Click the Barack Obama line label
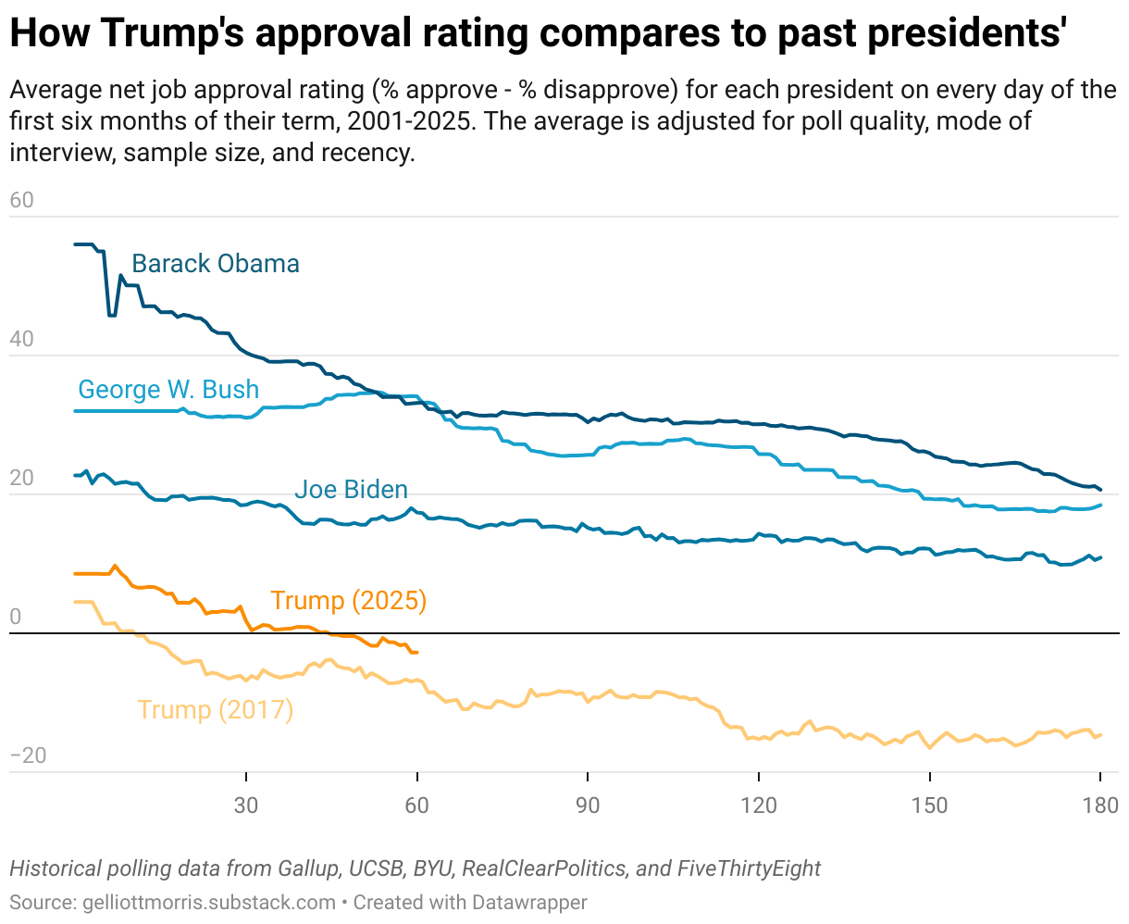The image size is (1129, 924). (x=216, y=264)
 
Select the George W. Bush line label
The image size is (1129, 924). (x=168, y=390)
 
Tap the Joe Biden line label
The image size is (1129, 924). (x=351, y=490)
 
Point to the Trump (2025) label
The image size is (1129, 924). (x=348, y=601)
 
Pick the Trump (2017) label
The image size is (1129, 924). (x=215, y=710)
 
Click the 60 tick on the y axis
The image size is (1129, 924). (x=21, y=201)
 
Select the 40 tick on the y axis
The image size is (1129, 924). (x=21, y=340)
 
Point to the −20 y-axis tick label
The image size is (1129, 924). (x=28, y=756)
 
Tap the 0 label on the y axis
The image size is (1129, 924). (x=15, y=618)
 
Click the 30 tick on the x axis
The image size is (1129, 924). (x=246, y=805)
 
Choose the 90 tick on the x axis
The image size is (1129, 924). (x=588, y=805)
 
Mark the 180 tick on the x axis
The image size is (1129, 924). (x=1099, y=805)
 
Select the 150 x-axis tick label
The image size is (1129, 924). (x=929, y=805)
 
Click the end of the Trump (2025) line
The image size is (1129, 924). (x=417, y=653)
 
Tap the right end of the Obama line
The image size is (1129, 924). (x=1100, y=489)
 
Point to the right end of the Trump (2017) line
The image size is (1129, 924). (x=1100, y=735)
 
